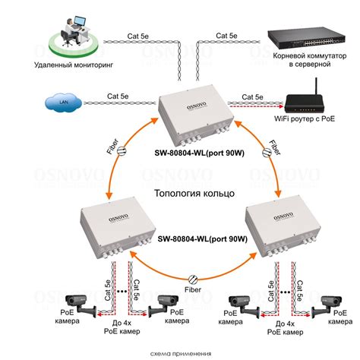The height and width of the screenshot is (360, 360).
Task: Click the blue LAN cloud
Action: (x=63, y=103)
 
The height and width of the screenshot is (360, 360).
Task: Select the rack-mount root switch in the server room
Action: (x=306, y=38)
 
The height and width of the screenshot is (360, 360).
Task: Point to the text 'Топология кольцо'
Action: (x=194, y=194)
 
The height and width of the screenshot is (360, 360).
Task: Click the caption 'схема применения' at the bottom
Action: (x=181, y=353)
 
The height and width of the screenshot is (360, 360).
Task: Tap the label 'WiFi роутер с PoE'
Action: (x=305, y=118)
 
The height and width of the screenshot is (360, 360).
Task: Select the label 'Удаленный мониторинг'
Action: (x=74, y=65)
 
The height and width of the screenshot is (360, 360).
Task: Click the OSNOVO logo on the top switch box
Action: (x=197, y=106)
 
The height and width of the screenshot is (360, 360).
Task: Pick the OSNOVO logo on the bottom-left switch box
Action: (x=118, y=217)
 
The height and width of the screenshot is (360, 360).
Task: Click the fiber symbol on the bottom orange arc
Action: (x=193, y=279)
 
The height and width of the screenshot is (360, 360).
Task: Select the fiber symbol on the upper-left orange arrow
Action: (x=122, y=151)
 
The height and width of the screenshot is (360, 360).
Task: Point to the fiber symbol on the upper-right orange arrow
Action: (x=267, y=153)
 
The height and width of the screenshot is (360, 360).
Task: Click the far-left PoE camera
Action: (x=81, y=305)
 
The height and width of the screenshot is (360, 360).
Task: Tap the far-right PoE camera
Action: (x=327, y=307)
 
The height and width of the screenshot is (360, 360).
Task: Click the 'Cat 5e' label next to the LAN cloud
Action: (x=118, y=96)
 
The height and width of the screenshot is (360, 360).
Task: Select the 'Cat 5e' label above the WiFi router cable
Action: (x=252, y=97)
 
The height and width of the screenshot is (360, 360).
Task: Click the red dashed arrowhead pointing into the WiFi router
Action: (x=280, y=106)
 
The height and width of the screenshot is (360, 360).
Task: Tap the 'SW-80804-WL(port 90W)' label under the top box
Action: (x=200, y=153)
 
